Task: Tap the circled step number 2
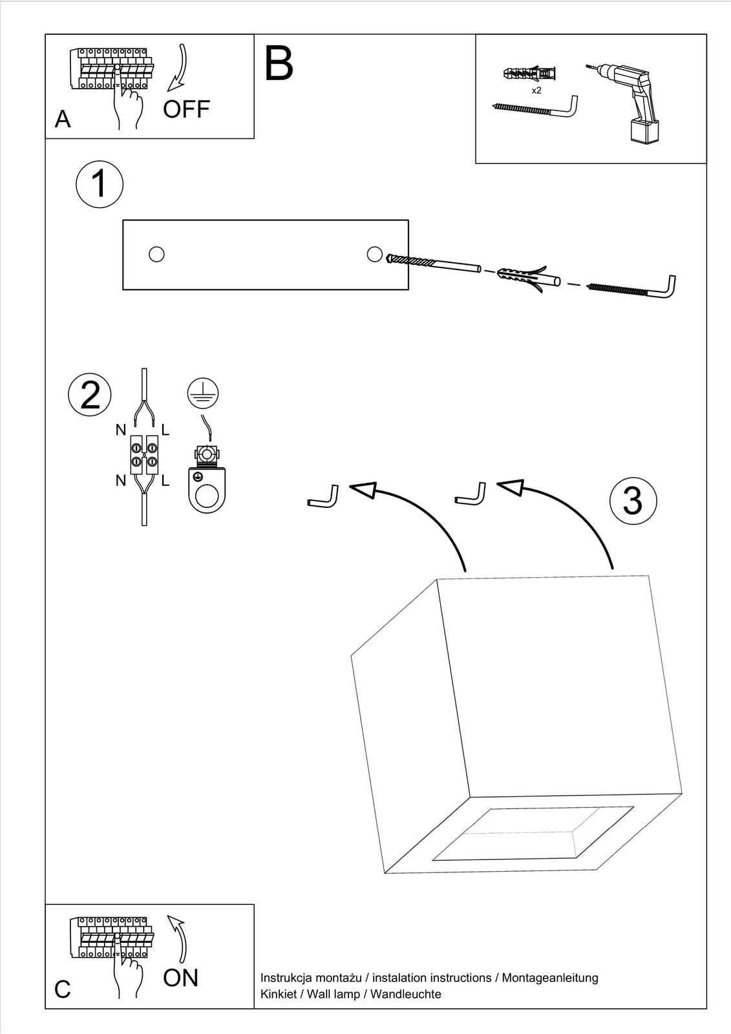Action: click(x=90, y=394)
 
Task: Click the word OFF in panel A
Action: click(x=186, y=109)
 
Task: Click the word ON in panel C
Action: click(x=180, y=978)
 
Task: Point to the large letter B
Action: click(x=279, y=63)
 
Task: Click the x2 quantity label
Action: click(x=536, y=90)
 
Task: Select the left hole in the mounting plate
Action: click(x=156, y=254)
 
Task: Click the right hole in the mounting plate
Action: click(x=374, y=253)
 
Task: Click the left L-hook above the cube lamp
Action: click(x=323, y=498)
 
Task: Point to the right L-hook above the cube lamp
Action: click(x=471, y=494)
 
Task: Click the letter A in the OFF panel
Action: click(x=63, y=120)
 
